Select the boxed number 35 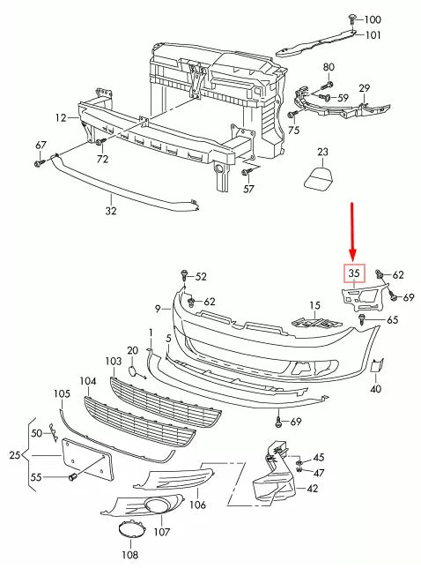354,273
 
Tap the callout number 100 373,19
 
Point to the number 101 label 373,35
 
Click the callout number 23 322,152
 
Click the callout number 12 60,116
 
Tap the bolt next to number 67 41,162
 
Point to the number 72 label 103,159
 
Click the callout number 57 248,188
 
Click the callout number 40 375,388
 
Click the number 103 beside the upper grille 112,362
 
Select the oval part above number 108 129,532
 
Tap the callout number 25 11,454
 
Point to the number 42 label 312,488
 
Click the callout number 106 197,505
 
